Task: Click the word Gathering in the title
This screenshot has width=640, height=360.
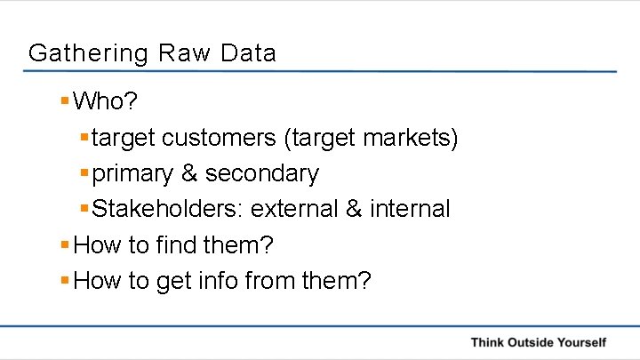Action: click(88, 53)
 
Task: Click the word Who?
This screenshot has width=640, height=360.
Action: click(106, 101)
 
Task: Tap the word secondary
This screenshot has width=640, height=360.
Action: click(262, 173)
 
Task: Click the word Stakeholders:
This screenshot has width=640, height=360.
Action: click(168, 209)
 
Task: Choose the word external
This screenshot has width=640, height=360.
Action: click(294, 209)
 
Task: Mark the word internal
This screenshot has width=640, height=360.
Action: click(411, 209)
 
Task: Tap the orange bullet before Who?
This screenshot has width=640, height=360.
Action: click(64, 100)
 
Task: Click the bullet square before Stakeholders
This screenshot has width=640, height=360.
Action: click(84, 208)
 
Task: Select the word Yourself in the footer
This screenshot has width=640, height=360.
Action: click(581, 342)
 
